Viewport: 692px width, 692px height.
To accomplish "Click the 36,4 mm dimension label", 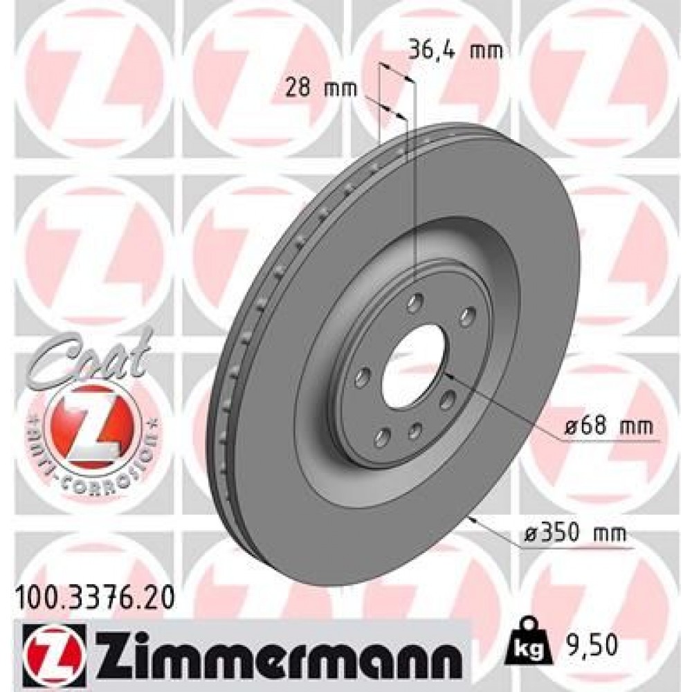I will click(x=454, y=50).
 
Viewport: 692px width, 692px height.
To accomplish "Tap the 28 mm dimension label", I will click(x=320, y=88).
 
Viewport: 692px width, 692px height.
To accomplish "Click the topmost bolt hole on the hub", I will click(x=415, y=302).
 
